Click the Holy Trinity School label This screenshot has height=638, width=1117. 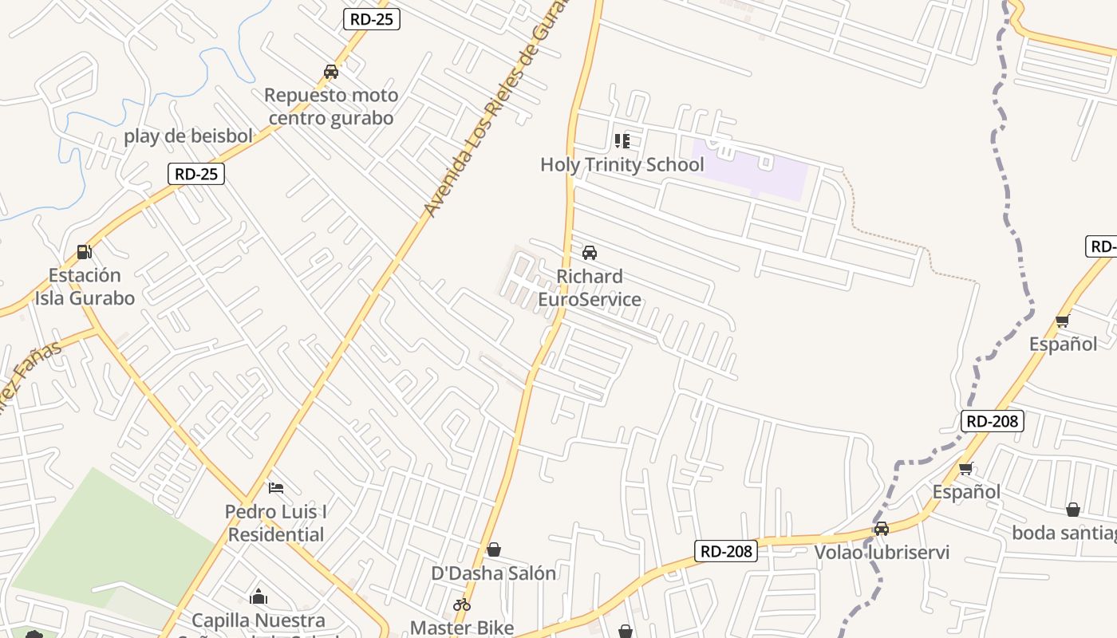(622, 165)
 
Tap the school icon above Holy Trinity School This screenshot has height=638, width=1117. (622, 141)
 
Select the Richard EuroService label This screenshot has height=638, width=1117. (590, 288)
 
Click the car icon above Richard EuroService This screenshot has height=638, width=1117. (590, 253)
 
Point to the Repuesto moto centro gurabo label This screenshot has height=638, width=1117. (331, 107)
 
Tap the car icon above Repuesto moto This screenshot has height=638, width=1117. (331, 72)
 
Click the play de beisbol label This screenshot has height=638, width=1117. (188, 136)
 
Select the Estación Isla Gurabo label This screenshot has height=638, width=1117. (85, 286)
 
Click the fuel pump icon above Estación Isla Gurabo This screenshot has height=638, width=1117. (84, 252)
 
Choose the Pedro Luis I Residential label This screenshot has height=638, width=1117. (276, 523)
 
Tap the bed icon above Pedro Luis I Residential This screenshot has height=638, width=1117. (276, 487)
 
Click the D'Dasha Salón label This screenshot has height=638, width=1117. (494, 573)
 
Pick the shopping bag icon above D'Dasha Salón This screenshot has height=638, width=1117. (494, 549)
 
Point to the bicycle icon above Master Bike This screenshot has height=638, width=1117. (462, 605)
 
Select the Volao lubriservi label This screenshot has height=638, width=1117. (882, 553)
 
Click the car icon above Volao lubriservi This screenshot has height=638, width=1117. (882, 529)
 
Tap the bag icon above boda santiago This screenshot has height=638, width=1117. (1073, 510)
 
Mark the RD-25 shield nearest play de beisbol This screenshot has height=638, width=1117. (196, 174)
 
